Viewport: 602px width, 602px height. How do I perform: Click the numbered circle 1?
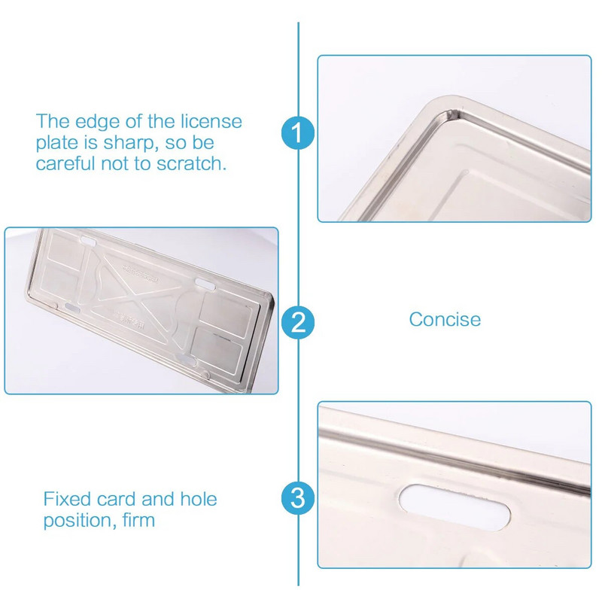(x=298, y=133)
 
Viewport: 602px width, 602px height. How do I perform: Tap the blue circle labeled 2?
(x=298, y=322)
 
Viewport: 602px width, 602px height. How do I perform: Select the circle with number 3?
(x=298, y=498)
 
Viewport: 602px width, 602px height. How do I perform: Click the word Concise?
(x=445, y=319)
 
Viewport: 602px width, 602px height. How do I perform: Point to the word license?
(x=211, y=121)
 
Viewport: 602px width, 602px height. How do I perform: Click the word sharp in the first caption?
(x=130, y=144)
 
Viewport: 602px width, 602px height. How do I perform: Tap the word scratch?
(x=191, y=163)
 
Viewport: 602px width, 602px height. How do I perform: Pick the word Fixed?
(x=67, y=499)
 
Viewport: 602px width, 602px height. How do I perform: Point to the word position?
(x=80, y=521)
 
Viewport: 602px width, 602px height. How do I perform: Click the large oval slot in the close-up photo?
(x=455, y=507)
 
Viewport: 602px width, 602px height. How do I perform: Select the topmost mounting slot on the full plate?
(x=88, y=242)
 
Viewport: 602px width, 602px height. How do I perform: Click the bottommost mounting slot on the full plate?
(x=187, y=360)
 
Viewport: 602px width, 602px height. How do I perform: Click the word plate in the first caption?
(x=59, y=144)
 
